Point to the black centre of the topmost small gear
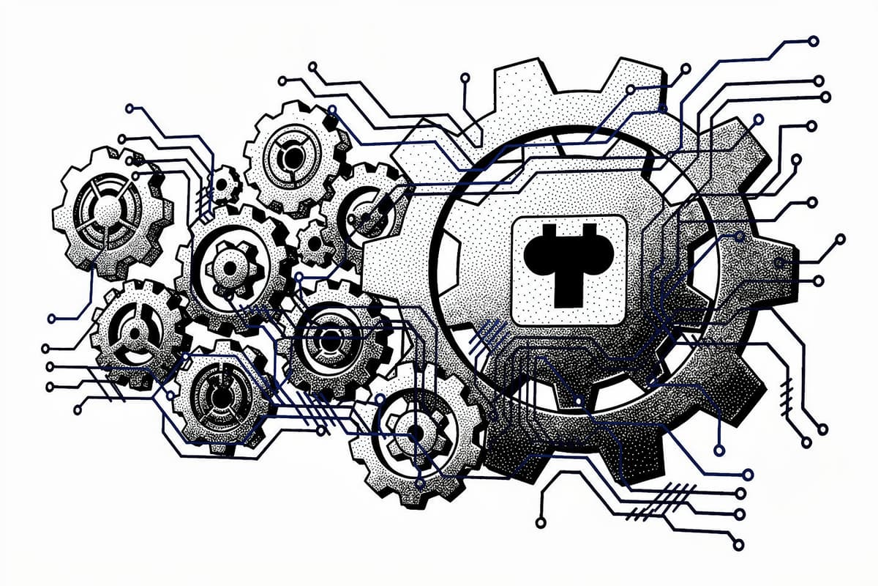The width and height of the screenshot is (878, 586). click(293, 157)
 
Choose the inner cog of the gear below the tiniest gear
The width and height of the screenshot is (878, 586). click(234, 264)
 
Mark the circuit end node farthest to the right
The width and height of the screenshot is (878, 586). click(841, 239)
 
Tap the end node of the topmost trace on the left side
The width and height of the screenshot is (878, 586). click(130, 108)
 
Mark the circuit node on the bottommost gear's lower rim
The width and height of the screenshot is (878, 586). click(419, 483)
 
